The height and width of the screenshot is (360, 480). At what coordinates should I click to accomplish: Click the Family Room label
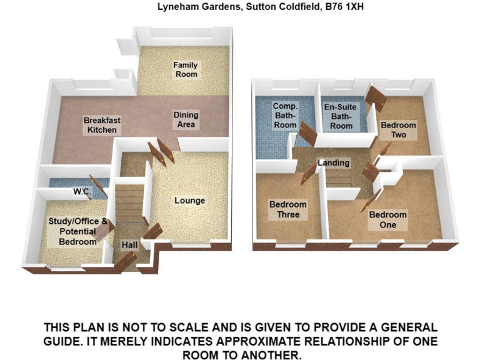point(186,69)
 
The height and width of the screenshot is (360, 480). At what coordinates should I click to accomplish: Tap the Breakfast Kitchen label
point(102,125)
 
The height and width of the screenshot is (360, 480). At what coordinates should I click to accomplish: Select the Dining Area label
point(186,119)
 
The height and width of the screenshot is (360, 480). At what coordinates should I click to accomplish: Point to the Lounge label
point(189,201)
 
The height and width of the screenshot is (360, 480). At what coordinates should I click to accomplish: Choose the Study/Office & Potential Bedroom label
point(77,231)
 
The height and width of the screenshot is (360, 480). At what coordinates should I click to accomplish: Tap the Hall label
point(129,246)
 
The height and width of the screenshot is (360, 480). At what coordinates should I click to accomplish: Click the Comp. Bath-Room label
point(285,116)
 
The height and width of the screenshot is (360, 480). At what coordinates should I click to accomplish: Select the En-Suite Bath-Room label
point(341,116)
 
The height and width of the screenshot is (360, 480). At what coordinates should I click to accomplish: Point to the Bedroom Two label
point(398,130)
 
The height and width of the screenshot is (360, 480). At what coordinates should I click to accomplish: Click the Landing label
point(333,163)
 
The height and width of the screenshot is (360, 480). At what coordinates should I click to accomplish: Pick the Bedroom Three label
point(287,209)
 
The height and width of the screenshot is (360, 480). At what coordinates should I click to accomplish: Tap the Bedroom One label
point(387,220)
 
